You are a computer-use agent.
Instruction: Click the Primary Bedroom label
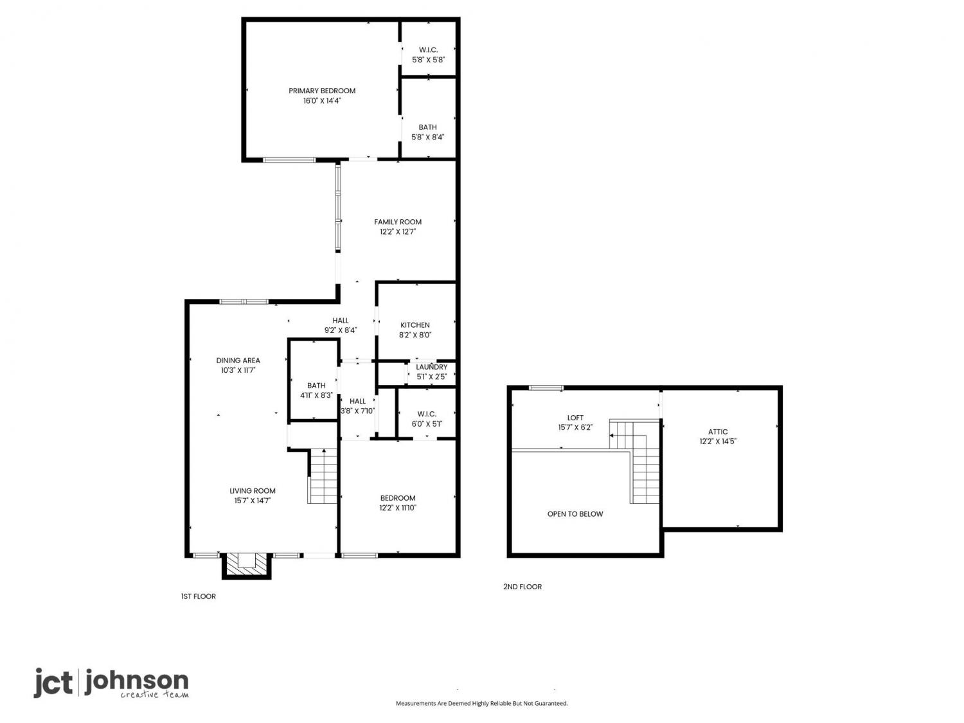click(321, 91)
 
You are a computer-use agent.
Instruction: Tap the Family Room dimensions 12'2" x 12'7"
click(397, 232)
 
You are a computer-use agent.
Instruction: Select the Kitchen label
click(415, 325)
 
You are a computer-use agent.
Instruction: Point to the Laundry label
click(431, 367)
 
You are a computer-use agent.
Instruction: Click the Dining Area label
click(238, 361)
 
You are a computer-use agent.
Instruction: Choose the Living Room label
click(253, 491)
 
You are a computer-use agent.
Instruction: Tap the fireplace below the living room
click(246, 566)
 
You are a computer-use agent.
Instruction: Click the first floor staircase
click(323, 476)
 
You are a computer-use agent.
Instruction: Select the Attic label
click(718, 431)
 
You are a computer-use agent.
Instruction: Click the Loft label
click(575, 418)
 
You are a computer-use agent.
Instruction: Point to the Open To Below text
click(575, 513)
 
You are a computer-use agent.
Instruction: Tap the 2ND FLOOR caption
click(522, 587)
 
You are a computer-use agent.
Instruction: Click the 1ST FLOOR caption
click(198, 596)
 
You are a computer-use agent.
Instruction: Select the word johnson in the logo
click(136, 681)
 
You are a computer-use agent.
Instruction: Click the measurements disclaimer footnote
click(481, 703)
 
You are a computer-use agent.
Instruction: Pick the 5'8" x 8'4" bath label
click(427, 132)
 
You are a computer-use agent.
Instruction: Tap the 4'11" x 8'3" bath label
click(316, 390)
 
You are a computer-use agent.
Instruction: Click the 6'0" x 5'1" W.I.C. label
click(427, 419)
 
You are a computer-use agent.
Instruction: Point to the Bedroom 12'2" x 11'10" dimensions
click(397, 508)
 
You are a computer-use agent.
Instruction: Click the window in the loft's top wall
click(546, 388)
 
